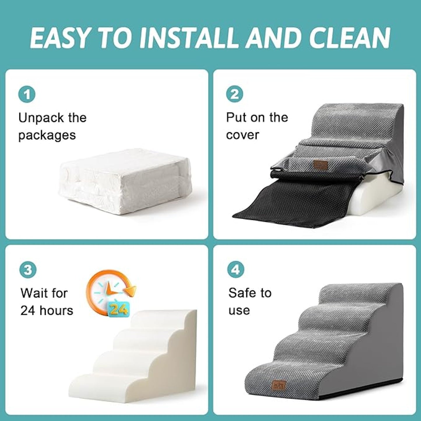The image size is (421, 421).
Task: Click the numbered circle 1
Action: (27, 95)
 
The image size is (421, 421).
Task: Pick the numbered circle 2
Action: (235, 94)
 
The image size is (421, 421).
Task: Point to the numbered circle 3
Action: (28, 270)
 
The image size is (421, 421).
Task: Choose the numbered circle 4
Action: (235, 270)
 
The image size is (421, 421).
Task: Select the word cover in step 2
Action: (242, 135)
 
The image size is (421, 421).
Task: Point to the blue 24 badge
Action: (118, 309)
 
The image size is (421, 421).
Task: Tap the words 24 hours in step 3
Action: (47, 311)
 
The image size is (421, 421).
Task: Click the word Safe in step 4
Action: (242, 293)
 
